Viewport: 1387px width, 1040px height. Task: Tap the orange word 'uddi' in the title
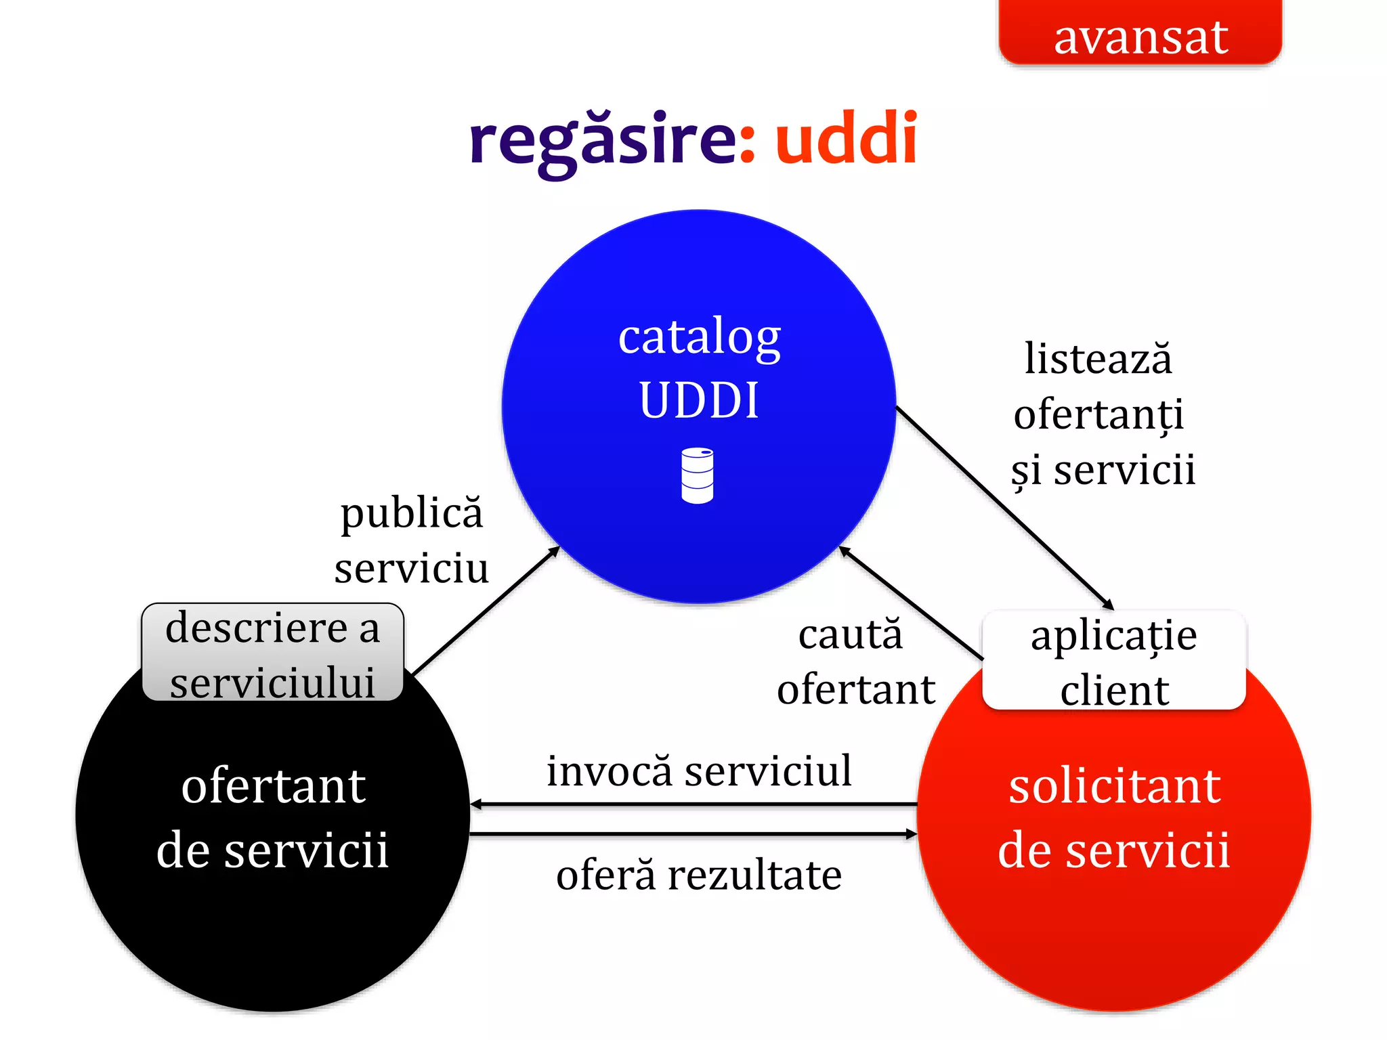(x=846, y=139)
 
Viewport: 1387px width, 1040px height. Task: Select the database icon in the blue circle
(x=697, y=475)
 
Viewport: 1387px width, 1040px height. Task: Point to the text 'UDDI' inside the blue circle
(x=699, y=400)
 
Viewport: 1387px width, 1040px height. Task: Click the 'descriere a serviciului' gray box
(x=273, y=653)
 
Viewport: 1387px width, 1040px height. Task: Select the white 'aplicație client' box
(x=1113, y=660)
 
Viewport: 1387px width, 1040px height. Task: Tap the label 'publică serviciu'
(x=411, y=540)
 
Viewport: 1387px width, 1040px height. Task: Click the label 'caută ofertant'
(x=855, y=662)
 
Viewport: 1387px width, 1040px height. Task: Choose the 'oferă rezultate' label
(x=699, y=875)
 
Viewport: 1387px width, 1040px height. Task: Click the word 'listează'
(x=1098, y=358)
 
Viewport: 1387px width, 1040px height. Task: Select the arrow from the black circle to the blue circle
(x=486, y=611)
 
